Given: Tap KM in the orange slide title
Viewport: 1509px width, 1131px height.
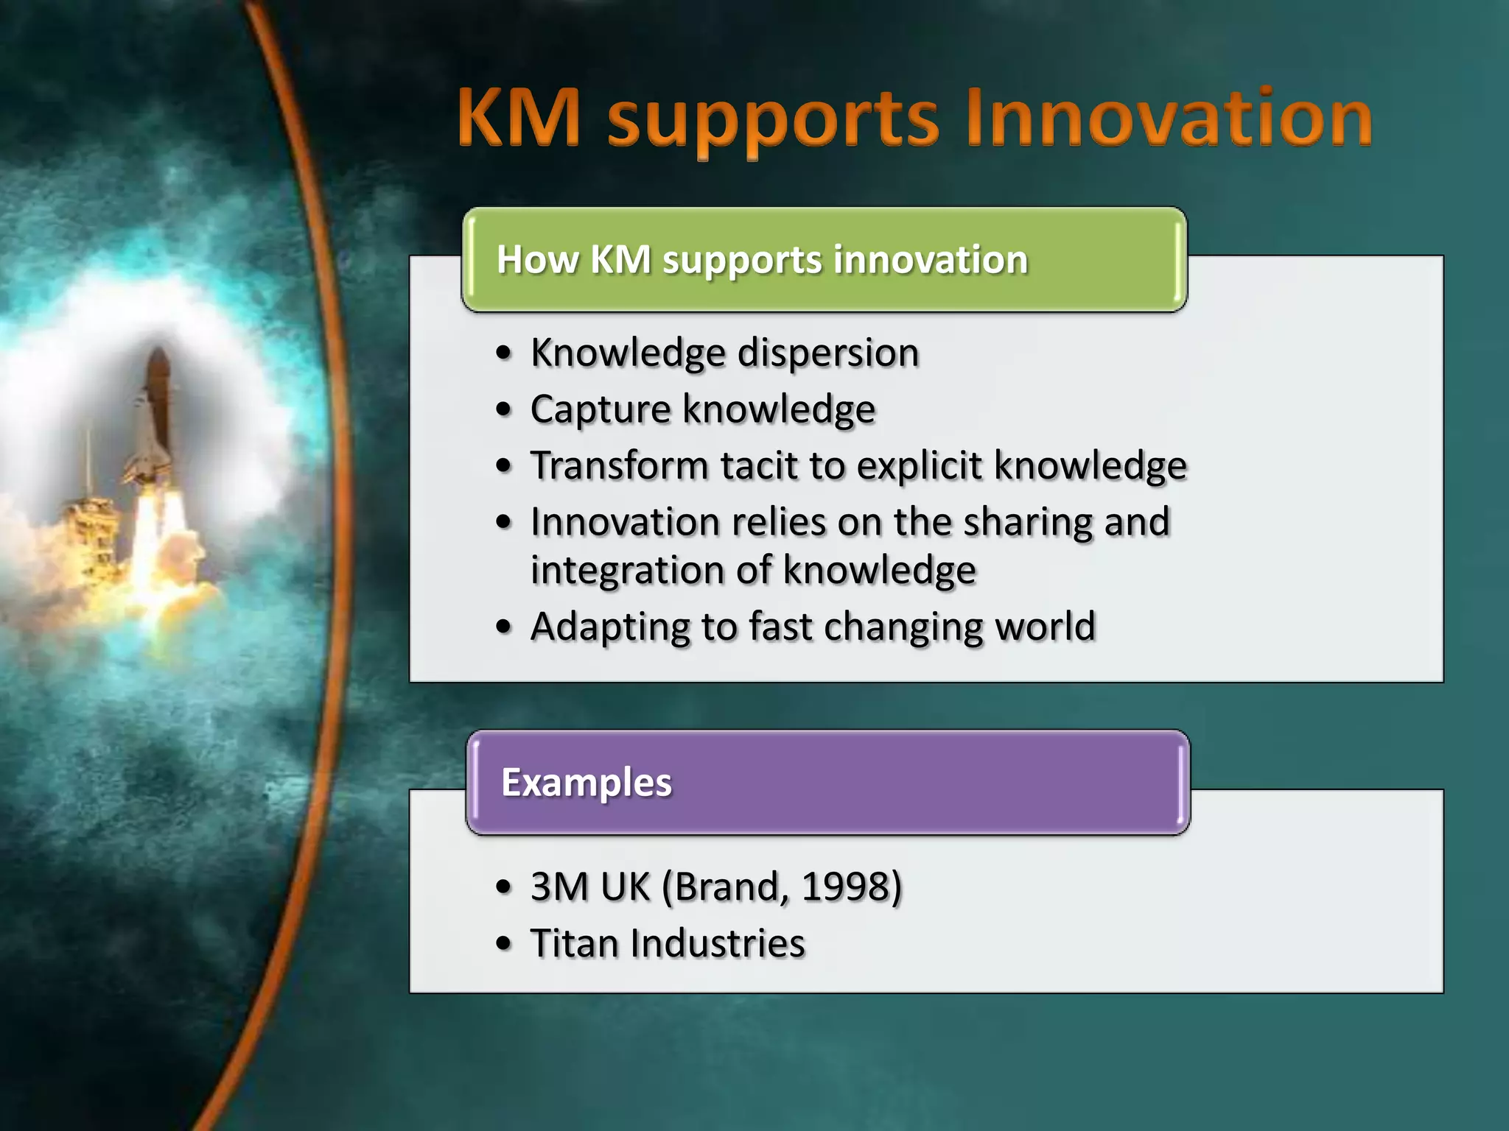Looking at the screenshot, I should pyautogui.click(x=519, y=118).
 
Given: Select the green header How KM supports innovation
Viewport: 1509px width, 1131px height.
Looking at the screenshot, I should pyautogui.click(x=824, y=260).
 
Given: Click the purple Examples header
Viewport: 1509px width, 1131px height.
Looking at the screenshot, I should pyautogui.click(x=827, y=782).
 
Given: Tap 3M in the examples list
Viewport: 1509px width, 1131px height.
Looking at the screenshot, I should pyautogui.click(x=559, y=887).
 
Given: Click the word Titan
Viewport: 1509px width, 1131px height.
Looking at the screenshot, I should pyautogui.click(x=574, y=944).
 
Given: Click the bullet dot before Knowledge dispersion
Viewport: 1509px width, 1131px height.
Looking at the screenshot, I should pyautogui.click(x=503, y=353).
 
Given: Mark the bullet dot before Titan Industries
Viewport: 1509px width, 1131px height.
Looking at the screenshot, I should pyautogui.click(x=503, y=943).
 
